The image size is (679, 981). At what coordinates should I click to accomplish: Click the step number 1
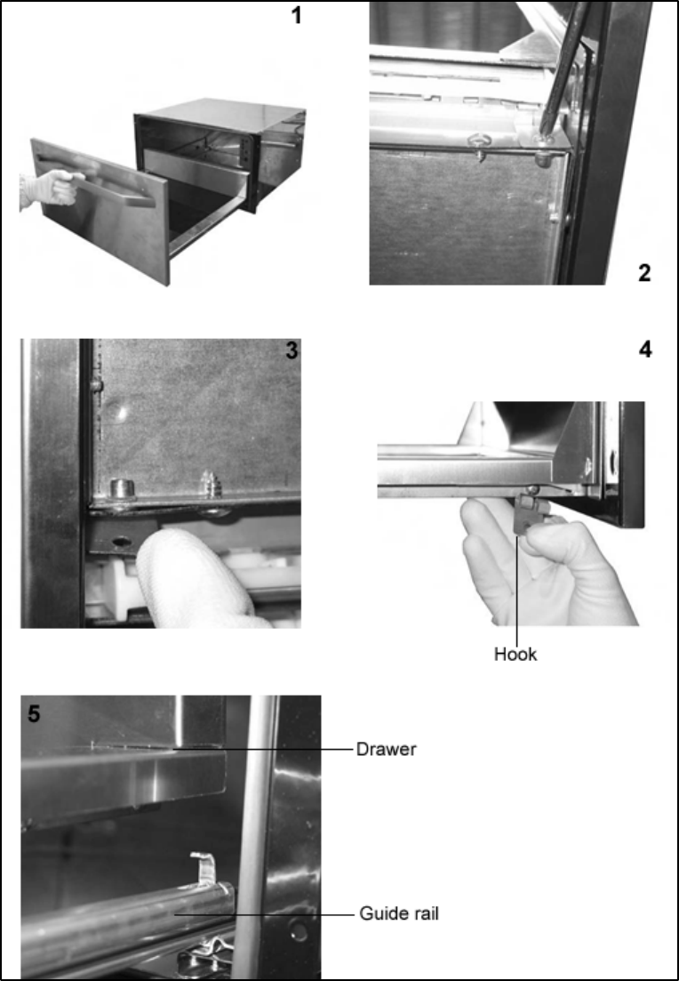tap(296, 16)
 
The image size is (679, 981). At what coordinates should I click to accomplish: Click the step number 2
tap(644, 273)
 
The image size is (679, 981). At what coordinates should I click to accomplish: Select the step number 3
tap(292, 351)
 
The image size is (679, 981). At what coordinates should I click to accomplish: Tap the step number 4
tap(645, 350)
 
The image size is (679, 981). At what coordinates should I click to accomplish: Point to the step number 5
tap(34, 714)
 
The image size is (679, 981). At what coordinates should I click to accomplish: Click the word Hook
tap(515, 655)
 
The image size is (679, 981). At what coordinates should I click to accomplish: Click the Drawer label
tap(386, 749)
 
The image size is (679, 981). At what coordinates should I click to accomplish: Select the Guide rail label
tap(399, 913)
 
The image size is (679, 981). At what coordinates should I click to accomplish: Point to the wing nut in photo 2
tap(480, 146)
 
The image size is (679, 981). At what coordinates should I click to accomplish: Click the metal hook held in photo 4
tap(524, 511)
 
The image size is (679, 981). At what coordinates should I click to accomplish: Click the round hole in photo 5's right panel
tap(300, 929)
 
